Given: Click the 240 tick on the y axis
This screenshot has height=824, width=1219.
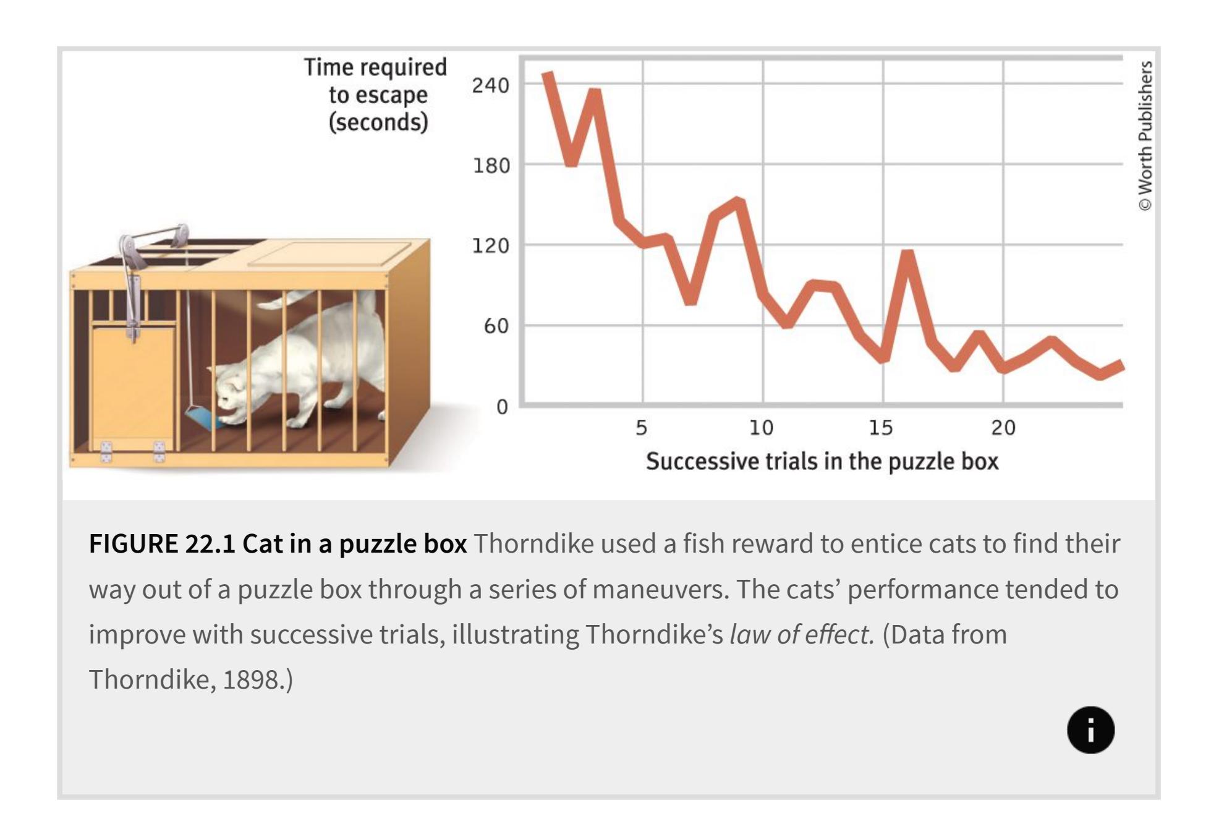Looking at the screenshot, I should (490, 85).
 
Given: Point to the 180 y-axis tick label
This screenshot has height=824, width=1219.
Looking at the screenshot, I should (491, 166).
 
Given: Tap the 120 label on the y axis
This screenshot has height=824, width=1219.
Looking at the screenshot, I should (491, 246).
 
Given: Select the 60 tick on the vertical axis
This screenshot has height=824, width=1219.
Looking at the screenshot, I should (496, 326).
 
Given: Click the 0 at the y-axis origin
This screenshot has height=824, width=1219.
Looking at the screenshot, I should (502, 407).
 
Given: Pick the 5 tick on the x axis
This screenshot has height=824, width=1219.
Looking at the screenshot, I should (642, 427).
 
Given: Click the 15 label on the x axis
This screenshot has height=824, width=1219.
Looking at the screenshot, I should (881, 427).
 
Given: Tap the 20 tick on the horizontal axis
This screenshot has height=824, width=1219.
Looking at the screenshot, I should (1003, 427).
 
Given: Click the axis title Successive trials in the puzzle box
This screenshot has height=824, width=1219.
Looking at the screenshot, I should (822, 461).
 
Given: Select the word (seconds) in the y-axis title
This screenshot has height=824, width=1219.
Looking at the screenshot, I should (378, 122).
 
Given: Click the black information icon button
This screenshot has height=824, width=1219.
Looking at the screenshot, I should (1090, 730).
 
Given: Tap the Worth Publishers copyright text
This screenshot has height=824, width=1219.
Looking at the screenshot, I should (1145, 136).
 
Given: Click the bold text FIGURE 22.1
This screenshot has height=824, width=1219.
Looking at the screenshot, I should (162, 543).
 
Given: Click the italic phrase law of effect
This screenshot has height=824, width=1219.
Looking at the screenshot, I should (802, 634).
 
